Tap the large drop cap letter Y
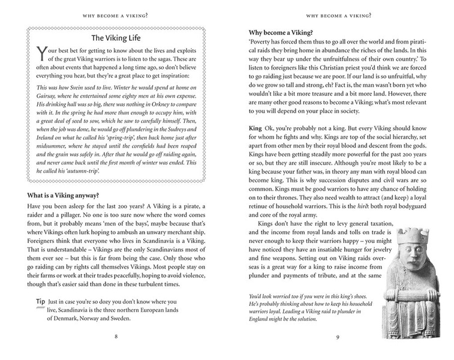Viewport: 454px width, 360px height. tap(41, 55)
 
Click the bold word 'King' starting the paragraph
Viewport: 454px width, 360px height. tap(256, 129)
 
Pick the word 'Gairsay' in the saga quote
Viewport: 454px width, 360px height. tap(50, 104)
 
